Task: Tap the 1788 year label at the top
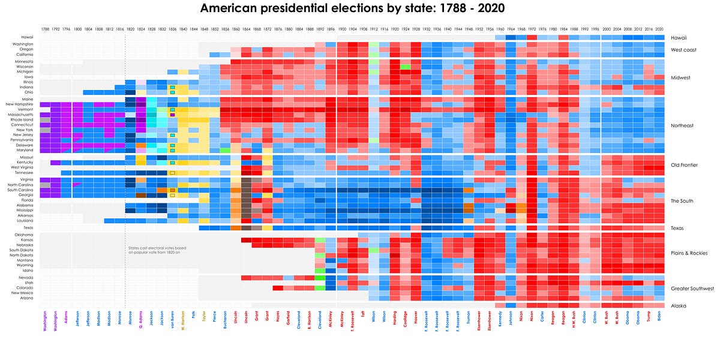[45, 29]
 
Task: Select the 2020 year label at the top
[659, 29]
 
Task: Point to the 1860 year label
[235, 29]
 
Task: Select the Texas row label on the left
[28, 228]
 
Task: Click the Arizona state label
[26, 298]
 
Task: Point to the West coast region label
[683, 50]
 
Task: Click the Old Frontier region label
[683, 164]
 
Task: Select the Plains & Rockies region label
[689, 253]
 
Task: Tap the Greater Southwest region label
[692, 289]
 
